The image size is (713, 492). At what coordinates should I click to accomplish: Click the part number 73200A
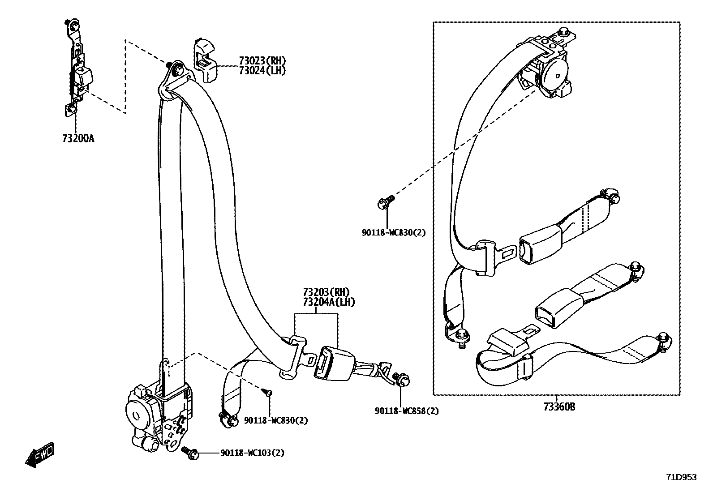pos(78,138)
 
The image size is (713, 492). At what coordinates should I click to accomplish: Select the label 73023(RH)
pos(262,61)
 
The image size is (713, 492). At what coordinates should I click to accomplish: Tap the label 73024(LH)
pos(262,70)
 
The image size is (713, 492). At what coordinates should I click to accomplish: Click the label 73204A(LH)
pos(329,303)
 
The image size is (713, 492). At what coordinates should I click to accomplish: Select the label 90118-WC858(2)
pos(407,411)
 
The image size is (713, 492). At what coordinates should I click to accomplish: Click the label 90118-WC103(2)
pos(252,453)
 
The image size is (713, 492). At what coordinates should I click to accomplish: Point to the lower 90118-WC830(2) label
pos(276,420)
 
